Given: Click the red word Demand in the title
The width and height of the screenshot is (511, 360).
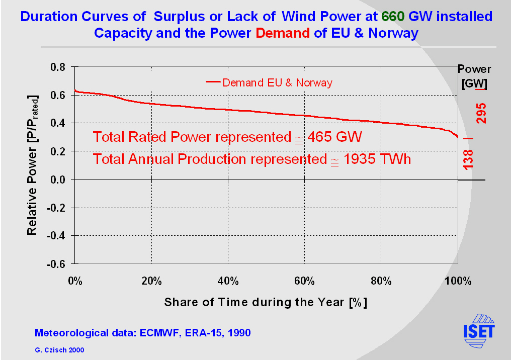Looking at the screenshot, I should click(283, 34).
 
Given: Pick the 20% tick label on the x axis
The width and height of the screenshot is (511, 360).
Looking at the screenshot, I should click(151, 281).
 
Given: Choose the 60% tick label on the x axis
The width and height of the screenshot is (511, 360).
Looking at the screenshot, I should click(304, 281).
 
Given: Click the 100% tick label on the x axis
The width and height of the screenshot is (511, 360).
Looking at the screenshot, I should click(457, 281).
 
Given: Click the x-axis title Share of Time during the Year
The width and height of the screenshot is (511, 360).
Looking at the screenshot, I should click(266, 303).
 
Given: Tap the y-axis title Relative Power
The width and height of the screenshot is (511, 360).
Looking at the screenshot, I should click(32, 165).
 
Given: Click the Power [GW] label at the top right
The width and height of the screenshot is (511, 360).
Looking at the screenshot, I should click(474, 76).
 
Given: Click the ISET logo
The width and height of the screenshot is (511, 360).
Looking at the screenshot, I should click(479, 331).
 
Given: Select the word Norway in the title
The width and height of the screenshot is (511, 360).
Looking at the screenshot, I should click(393, 34).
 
